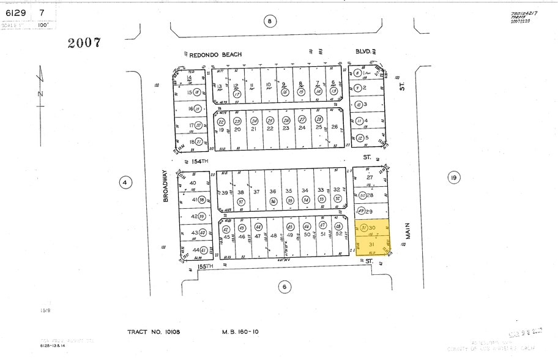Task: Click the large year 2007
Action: coord(84,43)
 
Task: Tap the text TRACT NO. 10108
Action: coord(154,332)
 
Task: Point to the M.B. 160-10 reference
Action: coord(240,332)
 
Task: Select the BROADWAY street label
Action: coord(165,186)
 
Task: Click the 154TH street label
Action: coord(200,160)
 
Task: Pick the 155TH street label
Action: coord(205,266)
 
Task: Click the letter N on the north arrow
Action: coord(41,93)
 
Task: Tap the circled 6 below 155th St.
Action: coord(284,286)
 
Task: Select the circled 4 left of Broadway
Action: coord(125,182)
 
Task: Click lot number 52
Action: coord(338,234)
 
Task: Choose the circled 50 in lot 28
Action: coord(363,195)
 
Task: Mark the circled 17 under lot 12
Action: coord(236,95)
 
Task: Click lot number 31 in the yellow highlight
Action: coord(370,244)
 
